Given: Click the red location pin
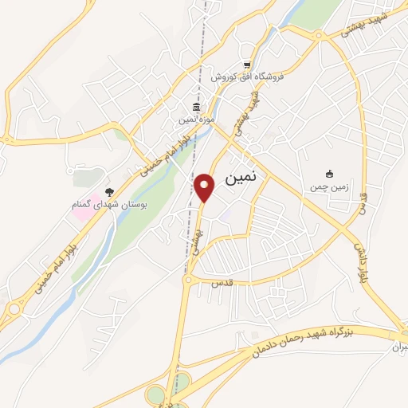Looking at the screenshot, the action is coord(205,188).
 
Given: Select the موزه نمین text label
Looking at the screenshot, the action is coord(196,120).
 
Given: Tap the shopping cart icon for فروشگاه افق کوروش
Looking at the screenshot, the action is coord(247,65).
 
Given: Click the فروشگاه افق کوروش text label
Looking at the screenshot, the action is coord(247,77).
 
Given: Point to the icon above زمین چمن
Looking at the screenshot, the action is coord(330,174).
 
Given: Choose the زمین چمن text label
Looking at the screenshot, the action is coord(330,186).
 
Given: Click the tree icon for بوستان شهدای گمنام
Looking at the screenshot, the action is coord(109,192).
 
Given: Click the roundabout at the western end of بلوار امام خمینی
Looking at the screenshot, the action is coord(14,309).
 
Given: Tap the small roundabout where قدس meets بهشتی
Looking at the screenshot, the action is coord(187,280).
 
